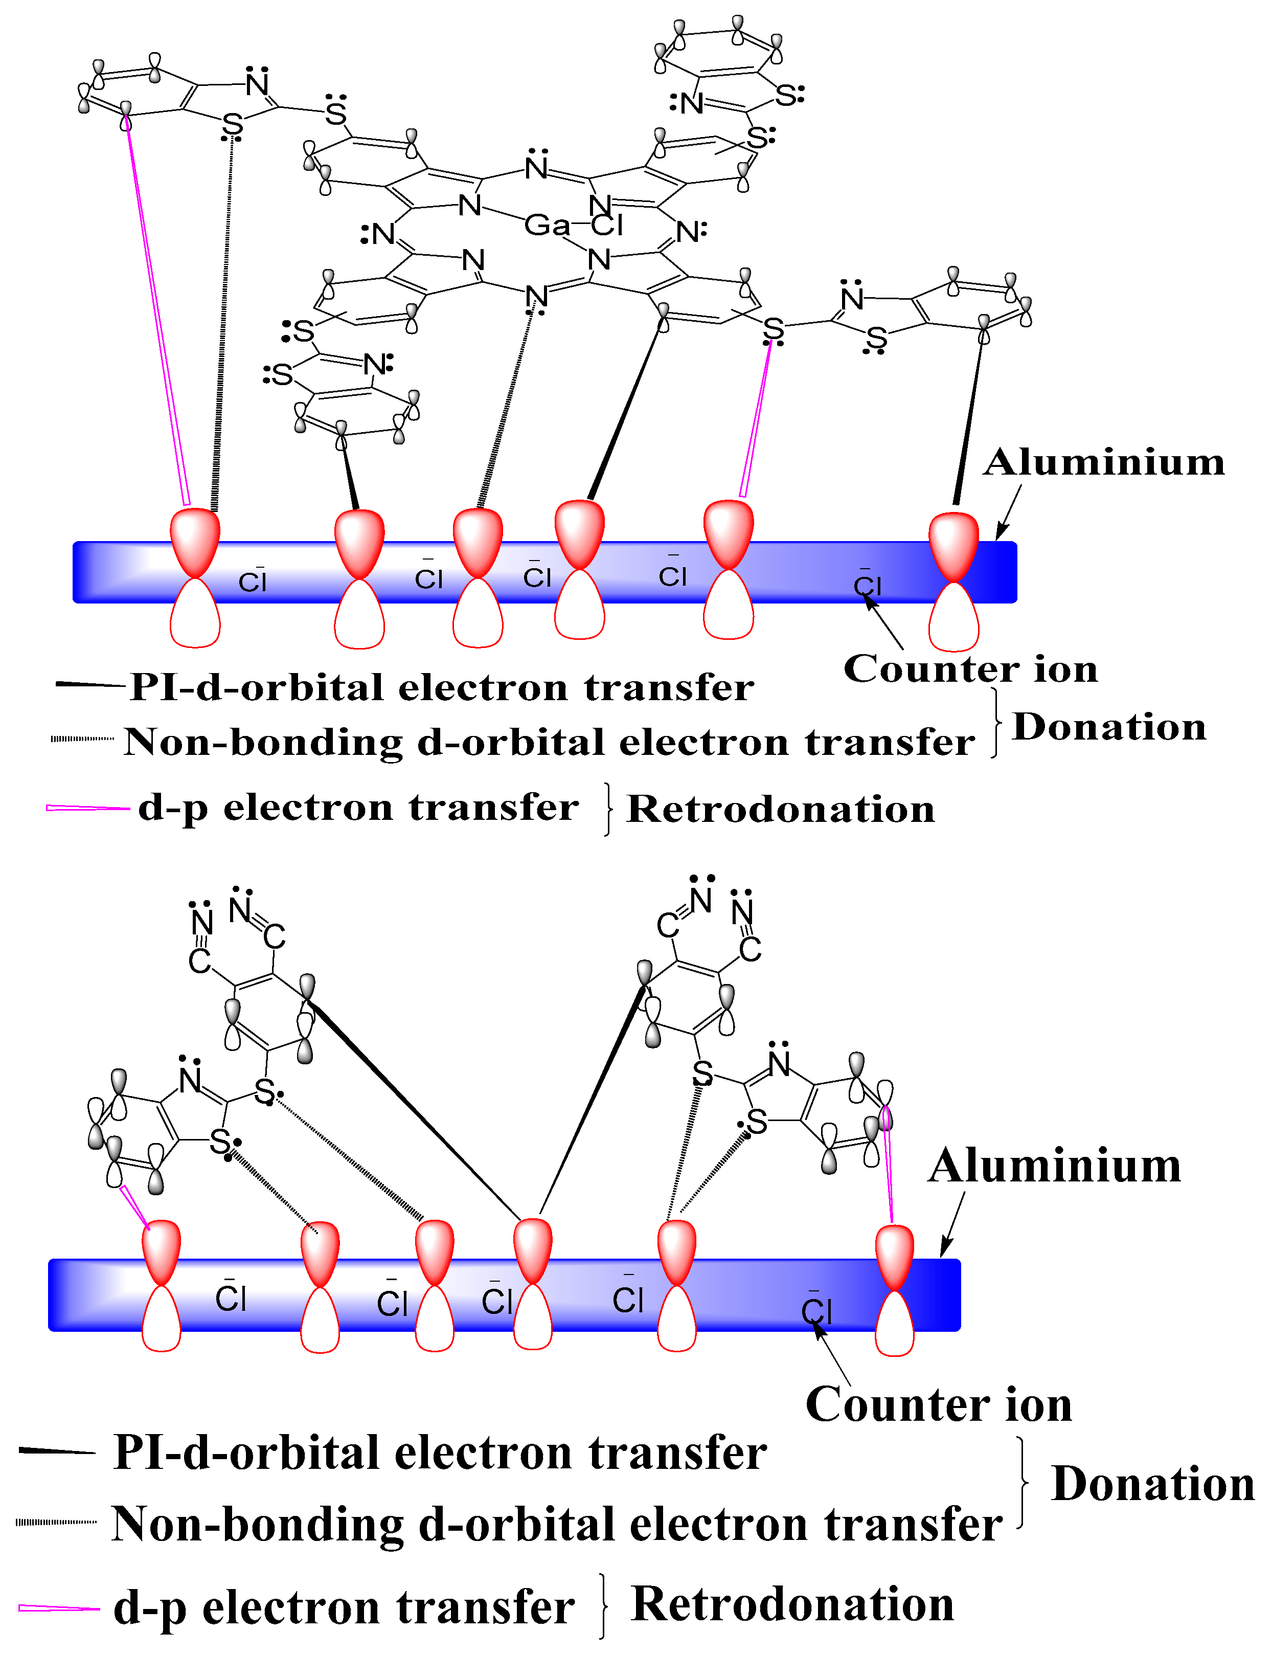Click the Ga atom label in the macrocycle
pos(546,225)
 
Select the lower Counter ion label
pos(938,1405)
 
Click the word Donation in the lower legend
pos(1152,1484)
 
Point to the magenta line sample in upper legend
pos(87,808)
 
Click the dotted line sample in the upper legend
pos(82,739)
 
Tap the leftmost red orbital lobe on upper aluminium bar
pos(195,542)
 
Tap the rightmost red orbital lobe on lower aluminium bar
pos(894,1257)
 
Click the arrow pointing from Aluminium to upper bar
pos(1009,511)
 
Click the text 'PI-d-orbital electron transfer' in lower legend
pos(440,1452)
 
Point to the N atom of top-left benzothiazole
pos(258,83)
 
